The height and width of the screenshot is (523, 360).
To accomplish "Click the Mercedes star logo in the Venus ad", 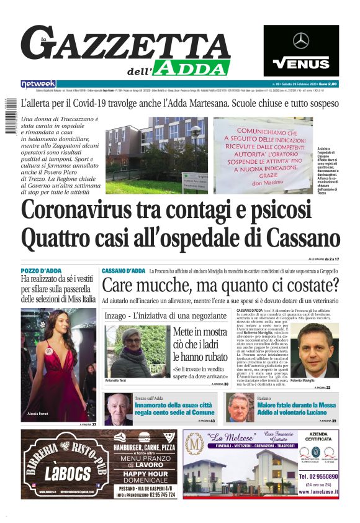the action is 301,40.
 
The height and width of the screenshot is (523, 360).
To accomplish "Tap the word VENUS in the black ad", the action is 301,62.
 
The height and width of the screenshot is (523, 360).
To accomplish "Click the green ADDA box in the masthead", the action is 193,67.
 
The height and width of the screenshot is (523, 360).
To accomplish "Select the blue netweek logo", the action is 38,84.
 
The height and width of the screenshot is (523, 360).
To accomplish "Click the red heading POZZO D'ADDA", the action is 43,271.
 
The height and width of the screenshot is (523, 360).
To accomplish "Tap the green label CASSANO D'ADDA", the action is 124,271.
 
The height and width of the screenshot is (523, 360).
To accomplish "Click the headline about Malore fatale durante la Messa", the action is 296,409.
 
